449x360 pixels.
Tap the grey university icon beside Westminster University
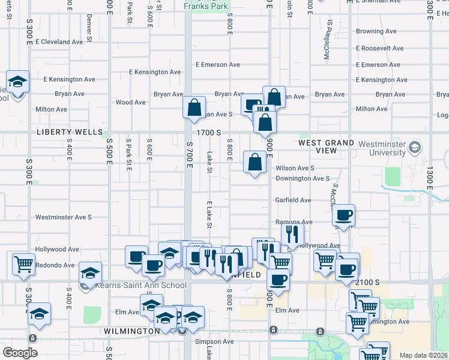click(414, 148)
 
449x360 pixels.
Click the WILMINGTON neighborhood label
click(131, 331)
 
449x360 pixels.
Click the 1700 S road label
click(208, 132)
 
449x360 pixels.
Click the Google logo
click(20, 353)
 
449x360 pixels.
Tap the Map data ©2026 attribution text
click(423, 355)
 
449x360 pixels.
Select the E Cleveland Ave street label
click(59, 42)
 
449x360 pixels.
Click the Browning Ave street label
click(376, 31)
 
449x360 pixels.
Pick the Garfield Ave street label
click(293, 200)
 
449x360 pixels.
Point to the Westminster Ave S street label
click(63, 217)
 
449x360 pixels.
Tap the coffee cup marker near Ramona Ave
click(343, 215)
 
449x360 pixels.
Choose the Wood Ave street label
click(130, 103)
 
